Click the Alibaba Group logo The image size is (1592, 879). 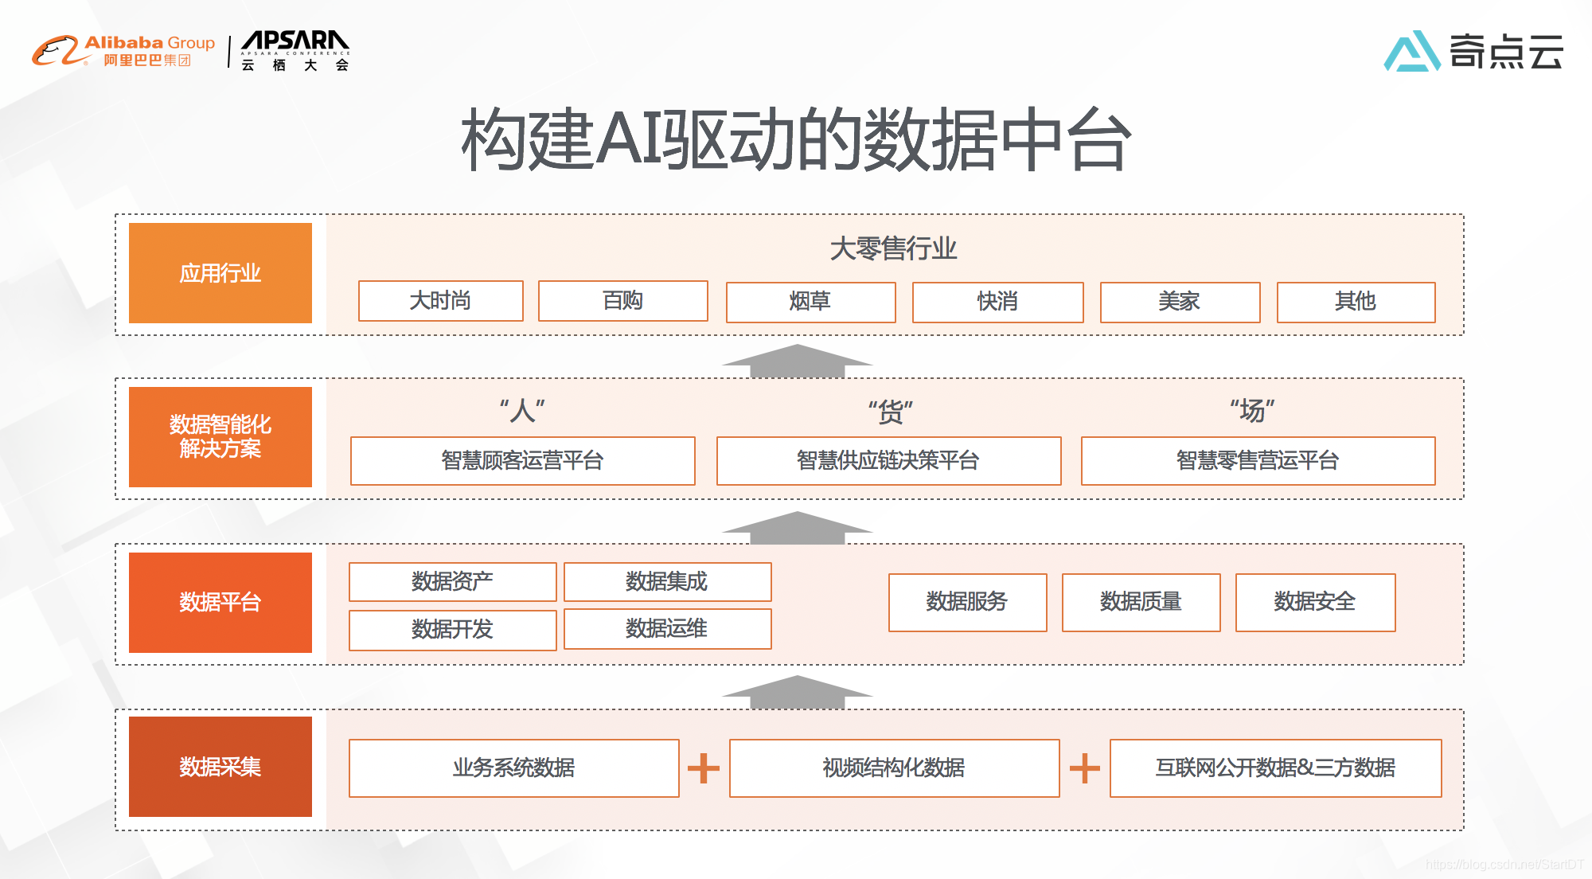[123, 51]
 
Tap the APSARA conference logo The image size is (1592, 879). [295, 51]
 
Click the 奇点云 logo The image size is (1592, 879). [1473, 52]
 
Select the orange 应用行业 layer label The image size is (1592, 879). [220, 273]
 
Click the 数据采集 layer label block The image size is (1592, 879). [220, 767]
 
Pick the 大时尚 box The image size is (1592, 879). [440, 301]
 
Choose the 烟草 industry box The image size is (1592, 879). [810, 302]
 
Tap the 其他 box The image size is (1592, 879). [1356, 302]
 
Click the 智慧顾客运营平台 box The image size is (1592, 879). [522, 460]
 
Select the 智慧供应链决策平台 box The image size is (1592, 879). [888, 460]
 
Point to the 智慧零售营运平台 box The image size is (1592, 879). [1258, 460]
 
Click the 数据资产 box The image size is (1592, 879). [452, 582]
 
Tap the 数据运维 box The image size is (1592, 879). [667, 629]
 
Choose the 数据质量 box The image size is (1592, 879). [1141, 602]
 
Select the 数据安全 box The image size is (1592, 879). [1315, 602]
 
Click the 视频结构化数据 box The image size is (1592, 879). [894, 768]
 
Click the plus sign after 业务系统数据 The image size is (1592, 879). [704, 768]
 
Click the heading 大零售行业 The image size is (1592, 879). [893, 248]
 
